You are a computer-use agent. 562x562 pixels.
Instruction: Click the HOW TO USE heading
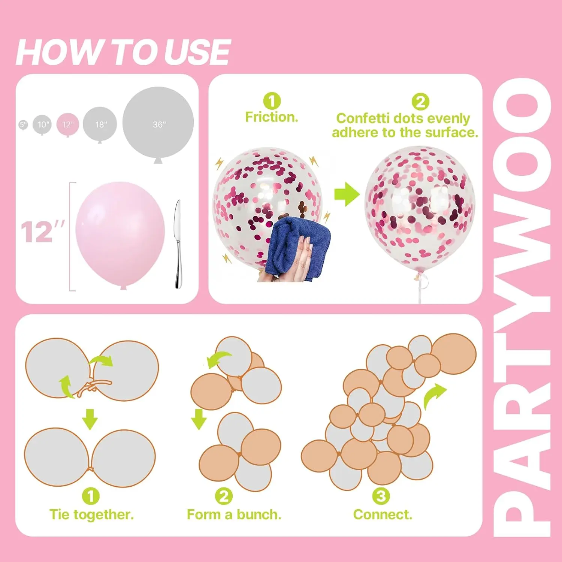[x=123, y=52]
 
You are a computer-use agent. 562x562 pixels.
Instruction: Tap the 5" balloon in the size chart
[x=23, y=125]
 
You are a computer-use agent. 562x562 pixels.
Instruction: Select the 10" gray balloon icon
[x=42, y=125]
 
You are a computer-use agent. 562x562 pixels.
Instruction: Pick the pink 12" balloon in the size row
[x=68, y=125]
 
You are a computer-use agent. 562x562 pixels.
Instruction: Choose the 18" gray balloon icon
[x=100, y=124]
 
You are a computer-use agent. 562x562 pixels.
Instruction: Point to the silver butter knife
[x=178, y=244]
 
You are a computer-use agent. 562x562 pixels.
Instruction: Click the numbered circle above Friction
[x=272, y=101]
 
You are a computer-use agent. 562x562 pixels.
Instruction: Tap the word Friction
[x=272, y=117]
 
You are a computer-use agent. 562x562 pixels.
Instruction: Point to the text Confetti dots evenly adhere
[x=405, y=126]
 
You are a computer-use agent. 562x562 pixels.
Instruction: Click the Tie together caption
[x=91, y=514]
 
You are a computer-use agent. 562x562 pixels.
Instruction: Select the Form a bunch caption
[x=234, y=514]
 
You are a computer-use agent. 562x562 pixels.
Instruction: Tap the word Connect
[x=382, y=514]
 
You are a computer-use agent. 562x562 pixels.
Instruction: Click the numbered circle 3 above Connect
[x=381, y=496]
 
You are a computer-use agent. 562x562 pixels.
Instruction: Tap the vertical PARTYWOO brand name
[x=522, y=307]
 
